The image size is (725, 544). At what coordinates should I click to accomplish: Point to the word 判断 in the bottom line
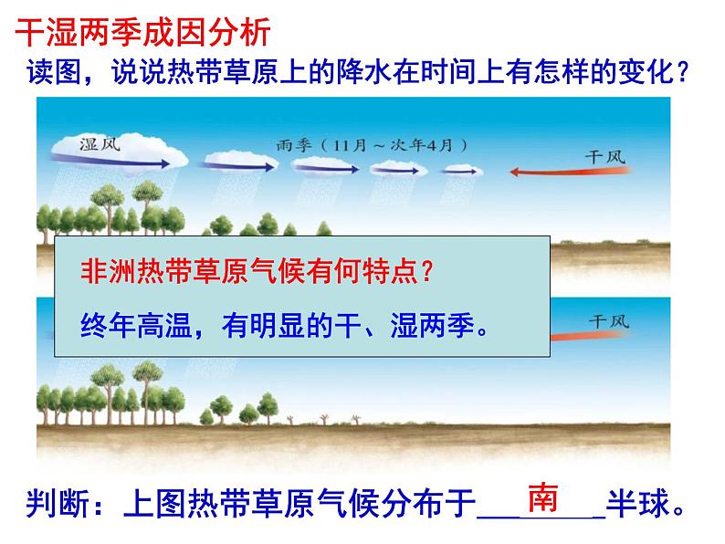click(x=56, y=503)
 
